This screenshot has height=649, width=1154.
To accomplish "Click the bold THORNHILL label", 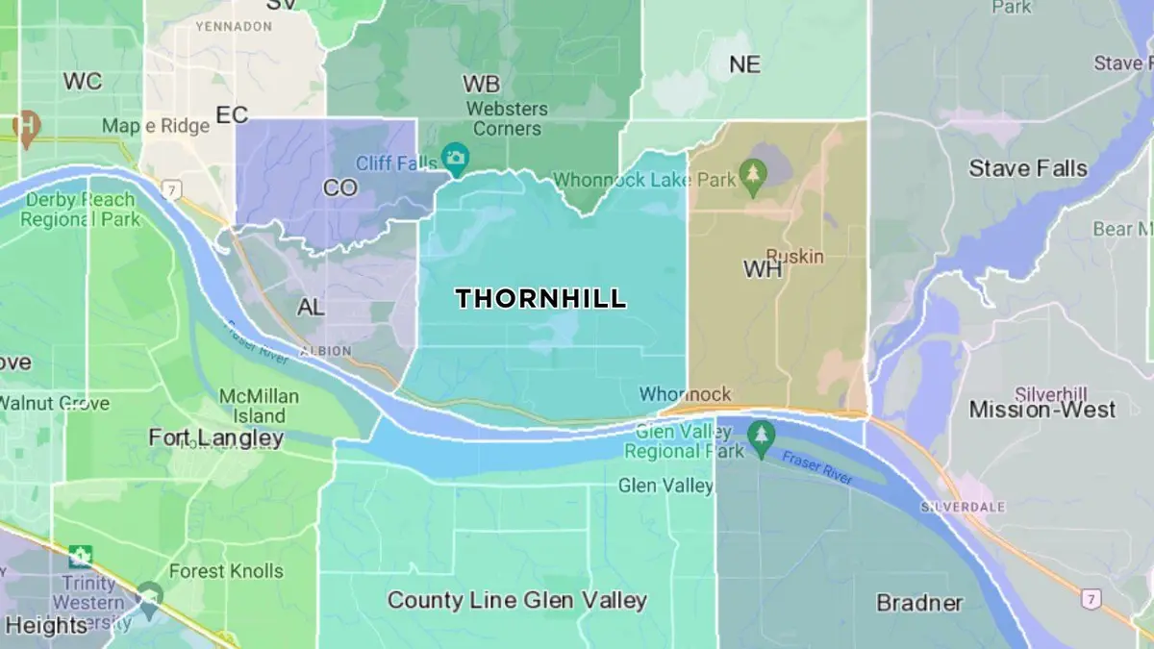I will [540, 299].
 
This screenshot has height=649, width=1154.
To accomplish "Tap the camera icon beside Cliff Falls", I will [454, 156].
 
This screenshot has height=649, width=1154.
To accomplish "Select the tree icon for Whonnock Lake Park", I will [753, 180].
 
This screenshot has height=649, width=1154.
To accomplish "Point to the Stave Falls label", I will [1027, 168].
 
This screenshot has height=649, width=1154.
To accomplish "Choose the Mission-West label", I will [1041, 410].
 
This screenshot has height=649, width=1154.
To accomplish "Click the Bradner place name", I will [919, 603].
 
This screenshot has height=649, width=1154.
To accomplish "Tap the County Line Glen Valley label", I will [516, 601].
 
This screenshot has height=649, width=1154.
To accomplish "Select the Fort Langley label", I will [215, 438].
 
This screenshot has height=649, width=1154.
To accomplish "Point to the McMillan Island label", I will [259, 406].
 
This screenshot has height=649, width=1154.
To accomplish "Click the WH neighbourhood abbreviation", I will [763, 270].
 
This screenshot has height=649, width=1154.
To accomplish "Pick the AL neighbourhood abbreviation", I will [311, 308].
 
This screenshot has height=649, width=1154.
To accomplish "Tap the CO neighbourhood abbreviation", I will [339, 188].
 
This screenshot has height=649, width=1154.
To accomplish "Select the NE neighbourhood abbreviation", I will [744, 64].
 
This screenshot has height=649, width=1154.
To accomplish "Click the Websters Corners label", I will [507, 118].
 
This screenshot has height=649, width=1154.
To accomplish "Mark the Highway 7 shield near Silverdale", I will [1090, 599].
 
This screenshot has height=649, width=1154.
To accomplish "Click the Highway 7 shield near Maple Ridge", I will [171, 188].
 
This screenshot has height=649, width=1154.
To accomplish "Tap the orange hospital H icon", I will [26, 126].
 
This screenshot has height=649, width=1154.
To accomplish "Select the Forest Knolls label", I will [226, 571].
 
